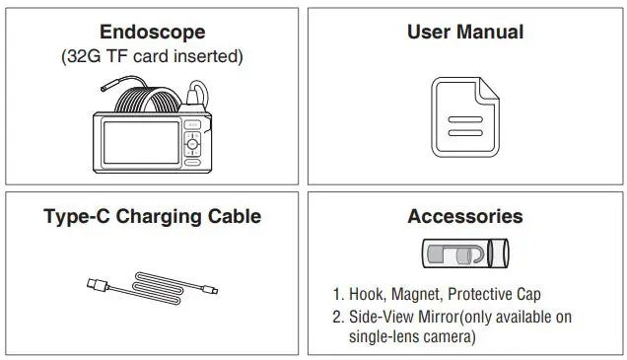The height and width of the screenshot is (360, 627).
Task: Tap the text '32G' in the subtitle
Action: point(85,56)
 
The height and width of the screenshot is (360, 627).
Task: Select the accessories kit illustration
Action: point(464,254)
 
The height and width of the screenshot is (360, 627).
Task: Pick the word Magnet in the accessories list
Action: point(422,295)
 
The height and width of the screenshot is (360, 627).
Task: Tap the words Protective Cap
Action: point(499,295)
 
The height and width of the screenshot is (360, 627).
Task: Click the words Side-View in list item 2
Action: point(381,317)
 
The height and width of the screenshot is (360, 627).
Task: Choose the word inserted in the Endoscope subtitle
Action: point(206,56)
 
